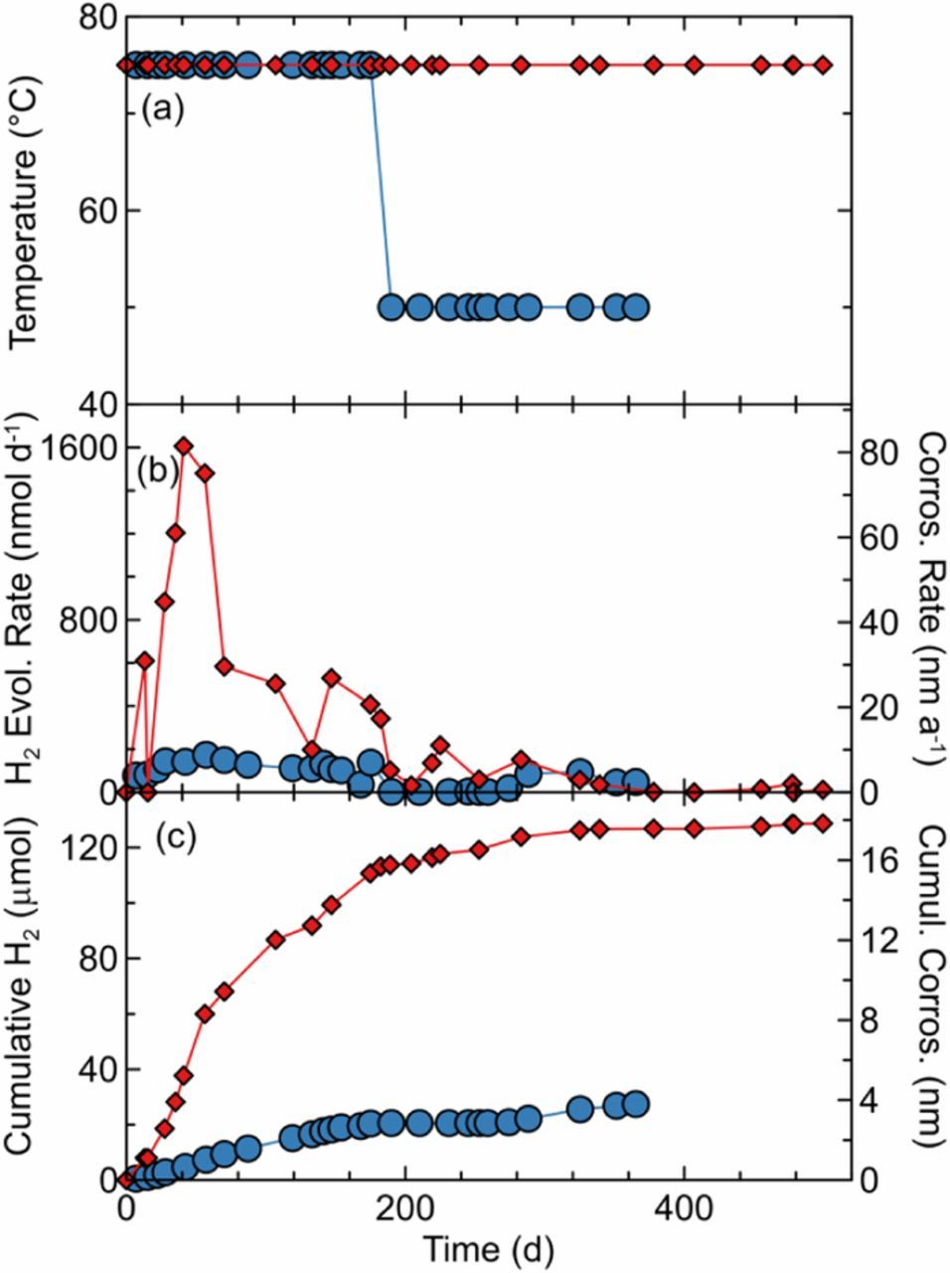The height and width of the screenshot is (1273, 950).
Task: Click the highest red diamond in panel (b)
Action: coord(184,447)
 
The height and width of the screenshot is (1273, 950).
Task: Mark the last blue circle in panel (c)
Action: coord(635,1103)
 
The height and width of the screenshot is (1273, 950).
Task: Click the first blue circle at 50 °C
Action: coord(392,306)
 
